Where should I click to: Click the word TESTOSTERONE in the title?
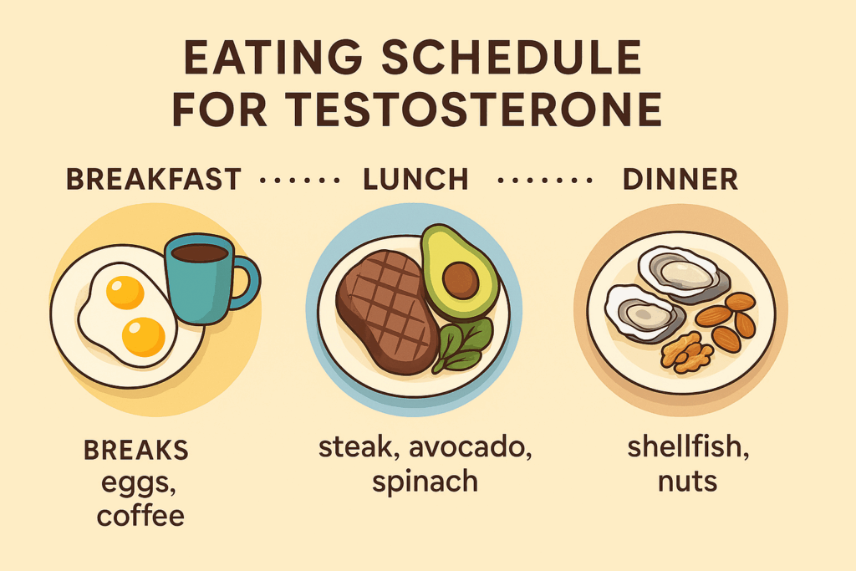coord(474,110)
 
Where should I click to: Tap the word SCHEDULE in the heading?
coord(511,58)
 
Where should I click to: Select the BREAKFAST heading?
coord(154,180)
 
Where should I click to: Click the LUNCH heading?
coord(416,180)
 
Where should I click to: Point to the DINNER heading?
coord(680,180)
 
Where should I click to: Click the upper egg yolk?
coord(125,293)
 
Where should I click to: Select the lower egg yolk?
coord(144,337)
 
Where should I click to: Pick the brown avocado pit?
coord(461,280)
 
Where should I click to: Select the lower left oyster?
coord(645,314)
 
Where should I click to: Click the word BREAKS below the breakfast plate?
coord(136,451)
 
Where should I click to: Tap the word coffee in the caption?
coord(140,516)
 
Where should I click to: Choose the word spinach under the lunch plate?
coord(425,482)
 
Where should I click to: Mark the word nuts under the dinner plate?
coord(687,482)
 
